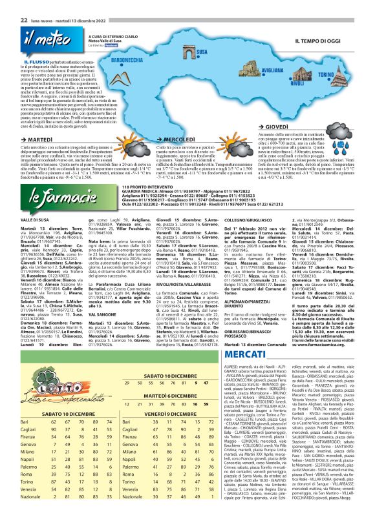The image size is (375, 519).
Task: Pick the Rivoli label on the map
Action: [x=297, y=83]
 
